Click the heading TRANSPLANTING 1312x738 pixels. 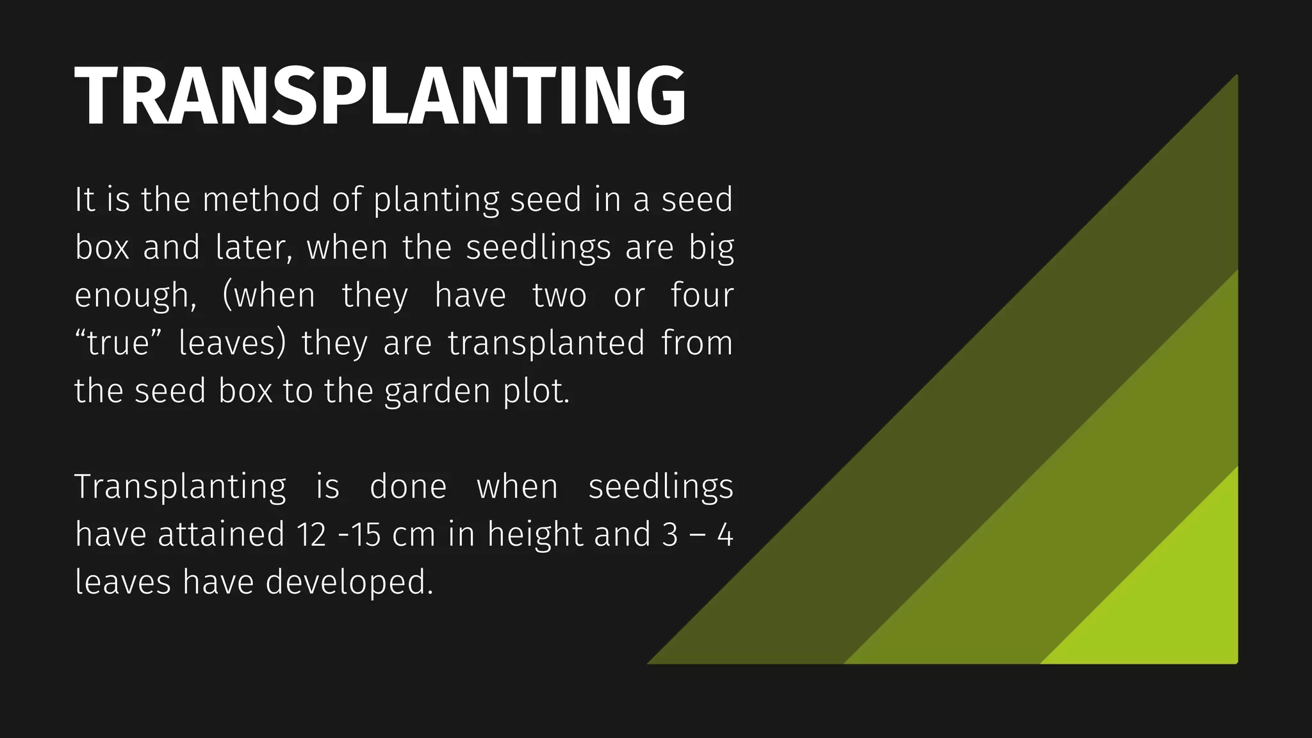pyautogui.click(x=381, y=96)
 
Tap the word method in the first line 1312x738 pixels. pyautogui.click(x=260, y=199)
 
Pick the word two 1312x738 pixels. pyautogui.click(x=559, y=296)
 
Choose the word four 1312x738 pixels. pyautogui.click(x=701, y=295)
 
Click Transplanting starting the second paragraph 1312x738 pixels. pyautogui.click(x=180, y=487)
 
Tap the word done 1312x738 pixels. pyautogui.click(x=408, y=486)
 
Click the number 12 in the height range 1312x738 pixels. pyautogui.click(x=312, y=534)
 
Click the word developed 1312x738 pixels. pyautogui.click(x=349, y=583)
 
